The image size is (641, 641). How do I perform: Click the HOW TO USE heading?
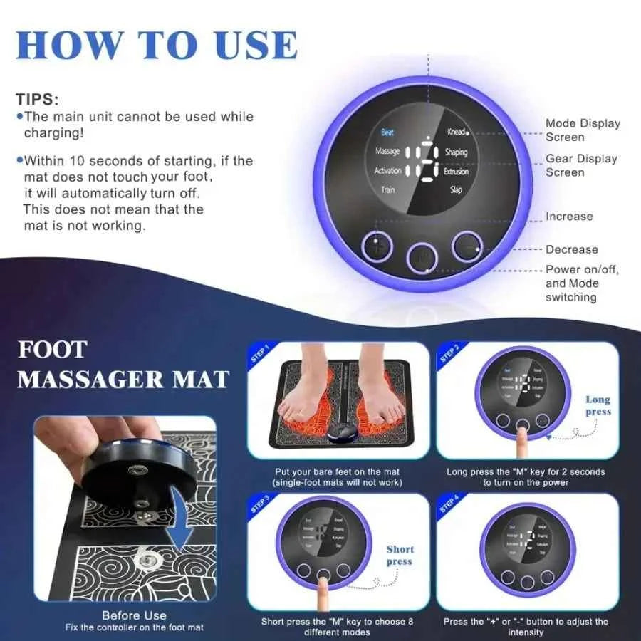156,44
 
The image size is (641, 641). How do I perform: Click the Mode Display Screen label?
583,130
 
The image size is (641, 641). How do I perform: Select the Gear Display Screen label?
581,165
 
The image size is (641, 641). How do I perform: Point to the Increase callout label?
569,217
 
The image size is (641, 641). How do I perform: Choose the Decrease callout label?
572,249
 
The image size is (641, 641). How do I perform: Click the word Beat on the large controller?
387,132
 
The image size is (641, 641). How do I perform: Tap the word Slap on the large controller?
456,190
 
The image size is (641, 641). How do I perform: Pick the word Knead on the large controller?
457,132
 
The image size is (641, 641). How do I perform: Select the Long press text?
598,406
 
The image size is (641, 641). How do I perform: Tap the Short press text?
400,555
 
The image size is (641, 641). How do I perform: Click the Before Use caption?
134,615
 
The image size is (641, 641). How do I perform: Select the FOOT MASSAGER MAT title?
123,364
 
